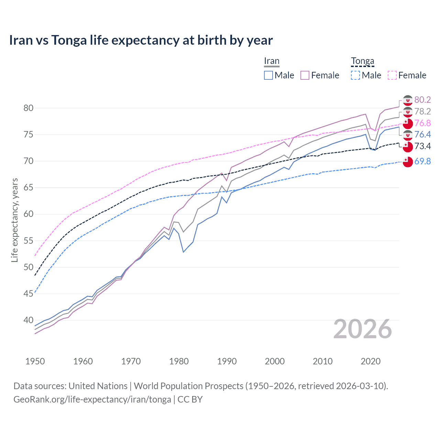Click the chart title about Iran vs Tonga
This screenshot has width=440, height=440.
coord(141,40)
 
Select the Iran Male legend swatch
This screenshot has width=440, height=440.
coord(268,75)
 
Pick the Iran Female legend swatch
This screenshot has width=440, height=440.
coord(305,75)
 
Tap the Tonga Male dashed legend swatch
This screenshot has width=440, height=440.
coord(355,75)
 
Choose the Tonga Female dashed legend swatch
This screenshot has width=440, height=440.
coord(392,75)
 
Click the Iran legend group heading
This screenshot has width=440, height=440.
coord(272,61)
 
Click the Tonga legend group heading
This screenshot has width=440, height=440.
coord(362,61)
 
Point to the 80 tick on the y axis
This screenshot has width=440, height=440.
coord(29,108)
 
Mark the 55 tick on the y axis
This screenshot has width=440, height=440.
coord(29,241)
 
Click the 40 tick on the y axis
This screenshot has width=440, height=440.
coord(29,320)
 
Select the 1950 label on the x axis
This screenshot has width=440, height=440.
coord(35,361)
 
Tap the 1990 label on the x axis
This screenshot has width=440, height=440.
coord(227,361)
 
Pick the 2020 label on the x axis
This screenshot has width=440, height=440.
coord(371,361)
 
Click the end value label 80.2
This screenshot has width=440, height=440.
coord(422,100)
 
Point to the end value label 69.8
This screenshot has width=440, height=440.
coord(422,161)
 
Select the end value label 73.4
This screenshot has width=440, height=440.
coord(422,146)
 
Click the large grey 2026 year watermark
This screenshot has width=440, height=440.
coord(363,329)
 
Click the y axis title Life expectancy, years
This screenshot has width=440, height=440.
coord(14,220)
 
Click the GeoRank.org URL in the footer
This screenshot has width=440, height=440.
coord(92,399)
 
